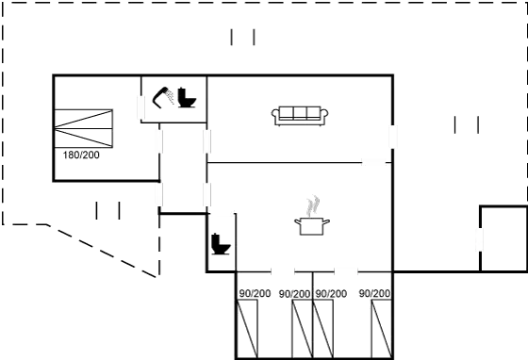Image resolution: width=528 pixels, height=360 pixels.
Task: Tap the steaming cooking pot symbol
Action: point(311,223)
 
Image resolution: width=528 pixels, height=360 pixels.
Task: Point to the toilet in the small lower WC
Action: point(222,243)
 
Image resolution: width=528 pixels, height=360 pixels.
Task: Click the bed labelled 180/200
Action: point(85,126)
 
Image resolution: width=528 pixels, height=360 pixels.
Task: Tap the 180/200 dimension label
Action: point(81,155)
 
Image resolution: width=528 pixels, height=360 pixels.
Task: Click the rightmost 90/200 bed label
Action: point(374,294)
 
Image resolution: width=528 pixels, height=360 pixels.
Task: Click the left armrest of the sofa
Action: point(275,116)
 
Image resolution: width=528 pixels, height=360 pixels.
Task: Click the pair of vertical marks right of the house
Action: point(466,124)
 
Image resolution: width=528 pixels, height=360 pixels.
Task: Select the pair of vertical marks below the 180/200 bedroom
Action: point(108,210)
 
